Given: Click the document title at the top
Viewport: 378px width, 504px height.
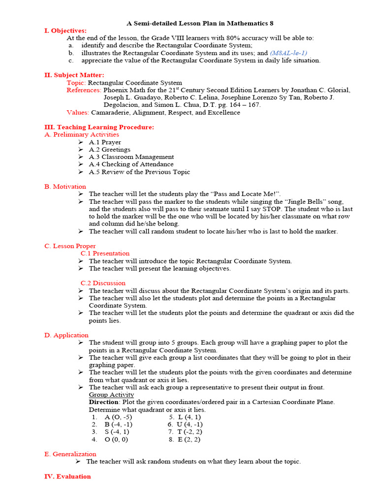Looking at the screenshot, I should [x=200, y=23].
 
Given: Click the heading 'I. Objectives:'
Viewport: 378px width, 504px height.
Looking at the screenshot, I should [x=65, y=31].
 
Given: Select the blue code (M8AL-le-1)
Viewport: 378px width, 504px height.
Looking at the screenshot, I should [x=288, y=53].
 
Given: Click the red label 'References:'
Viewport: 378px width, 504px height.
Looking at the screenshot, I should [x=84, y=90].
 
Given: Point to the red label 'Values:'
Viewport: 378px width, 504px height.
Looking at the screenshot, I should [x=78, y=112].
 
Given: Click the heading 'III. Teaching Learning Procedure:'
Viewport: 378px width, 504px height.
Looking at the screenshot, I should [x=99, y=127].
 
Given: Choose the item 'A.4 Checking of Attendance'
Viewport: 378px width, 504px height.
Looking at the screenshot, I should [x=131, y=164].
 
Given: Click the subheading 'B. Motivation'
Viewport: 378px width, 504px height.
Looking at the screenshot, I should [x=65, y=187].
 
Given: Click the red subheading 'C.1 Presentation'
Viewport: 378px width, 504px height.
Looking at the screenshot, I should [x=105, y=253].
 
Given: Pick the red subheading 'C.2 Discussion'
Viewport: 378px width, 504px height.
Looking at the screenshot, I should [x=103, y=283].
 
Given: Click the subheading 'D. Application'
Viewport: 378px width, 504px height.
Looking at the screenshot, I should [x=66, y=335].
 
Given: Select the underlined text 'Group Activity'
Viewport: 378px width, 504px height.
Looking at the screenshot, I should [x=111, y=395].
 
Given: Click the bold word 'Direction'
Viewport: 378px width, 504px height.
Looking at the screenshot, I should [x=103, y=402].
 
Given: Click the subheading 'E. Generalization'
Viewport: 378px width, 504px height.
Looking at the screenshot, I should [x=70, y=454].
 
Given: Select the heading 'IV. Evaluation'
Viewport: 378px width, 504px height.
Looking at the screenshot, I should [x=67, y=476].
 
